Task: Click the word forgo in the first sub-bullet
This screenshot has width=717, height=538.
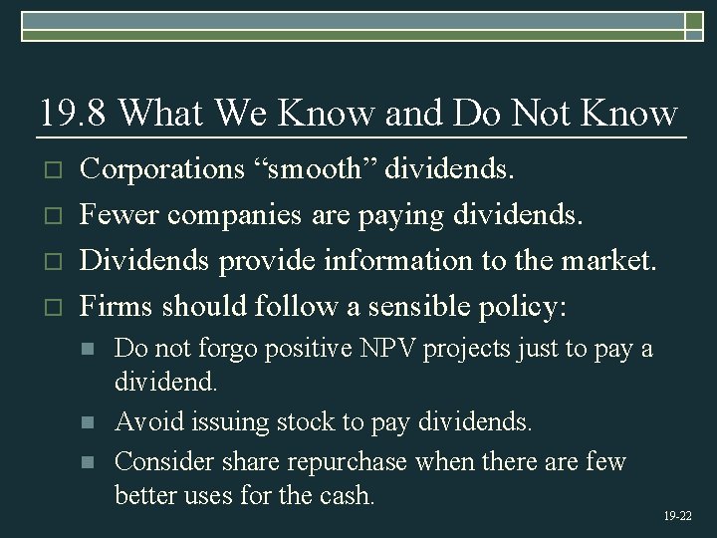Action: pyautogui.click(x=223, y=349)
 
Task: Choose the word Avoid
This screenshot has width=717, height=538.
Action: pyautogui.click(x=144, y=422)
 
